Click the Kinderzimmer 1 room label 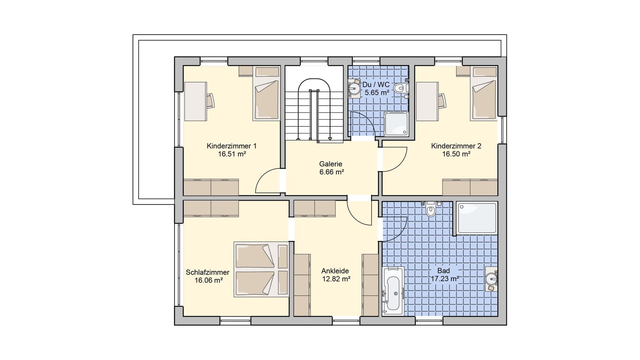(x=231, y=146)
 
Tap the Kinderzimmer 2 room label (x=456, y=146)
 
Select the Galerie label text (x=331, y=164)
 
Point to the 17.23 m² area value (x=445, y=279)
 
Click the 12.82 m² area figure (x=336, y=279)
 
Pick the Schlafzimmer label (x=208, y=273)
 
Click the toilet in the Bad (x=431, y=209)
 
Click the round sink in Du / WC (x=354, y=89)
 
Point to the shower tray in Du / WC (x=396, y=124)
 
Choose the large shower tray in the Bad (x=477, y=218)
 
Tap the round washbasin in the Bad (x=492, y=278)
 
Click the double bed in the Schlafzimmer (x=261, y=270)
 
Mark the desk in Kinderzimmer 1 (x=195, y=101)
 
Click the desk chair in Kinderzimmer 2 (x=442, y=101)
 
